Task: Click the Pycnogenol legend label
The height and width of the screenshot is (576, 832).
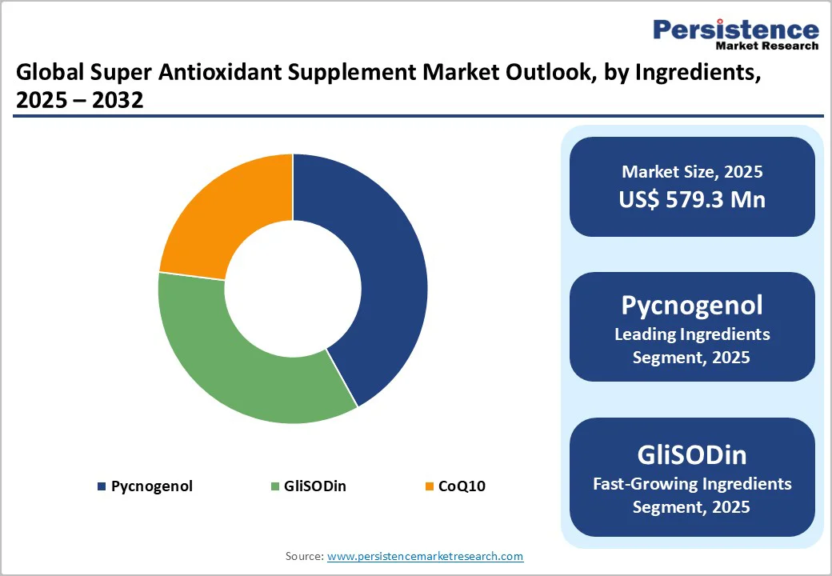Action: (x=151, y=486)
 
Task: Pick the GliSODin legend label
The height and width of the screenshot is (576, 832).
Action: (x=316, y=486)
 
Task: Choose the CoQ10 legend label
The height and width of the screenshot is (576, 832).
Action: (x=462, y=486)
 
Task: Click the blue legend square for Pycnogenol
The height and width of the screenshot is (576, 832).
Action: (x=101, y=486)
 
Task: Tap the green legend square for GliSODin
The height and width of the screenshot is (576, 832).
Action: (x=276, y=486)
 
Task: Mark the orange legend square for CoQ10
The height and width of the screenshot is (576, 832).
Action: (x=429, y=486)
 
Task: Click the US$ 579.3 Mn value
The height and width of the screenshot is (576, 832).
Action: (x=692, y=199)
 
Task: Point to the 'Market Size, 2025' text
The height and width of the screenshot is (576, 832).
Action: (x=692, y=172)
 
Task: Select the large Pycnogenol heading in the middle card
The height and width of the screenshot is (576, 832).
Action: (x=692, y=305)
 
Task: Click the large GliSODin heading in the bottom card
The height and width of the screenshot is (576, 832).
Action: (x=692, y=454)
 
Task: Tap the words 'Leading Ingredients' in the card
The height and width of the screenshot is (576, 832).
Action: (x=692, y=334)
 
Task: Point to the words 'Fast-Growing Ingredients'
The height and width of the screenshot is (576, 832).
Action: (x=692, y=483)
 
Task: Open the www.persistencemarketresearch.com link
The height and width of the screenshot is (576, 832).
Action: (x=425, y=556)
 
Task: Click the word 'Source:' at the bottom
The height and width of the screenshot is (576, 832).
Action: (x=304, y=556)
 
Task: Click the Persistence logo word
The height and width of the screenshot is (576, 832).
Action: (x=736, y=30)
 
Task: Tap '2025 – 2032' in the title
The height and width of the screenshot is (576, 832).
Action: (x=79, y=101)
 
